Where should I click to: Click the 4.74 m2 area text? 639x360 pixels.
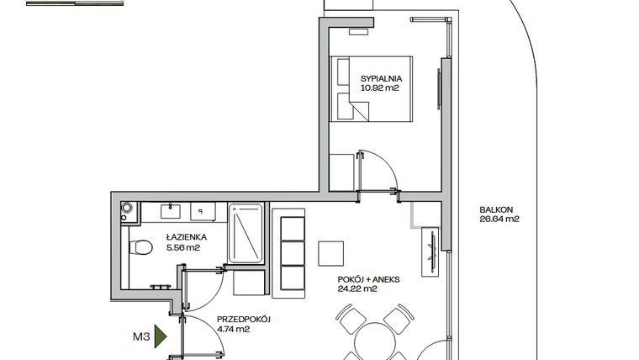click(234, 330)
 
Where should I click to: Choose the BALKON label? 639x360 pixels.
click(496, 211)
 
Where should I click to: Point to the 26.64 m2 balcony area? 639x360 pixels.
click(499, 220)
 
